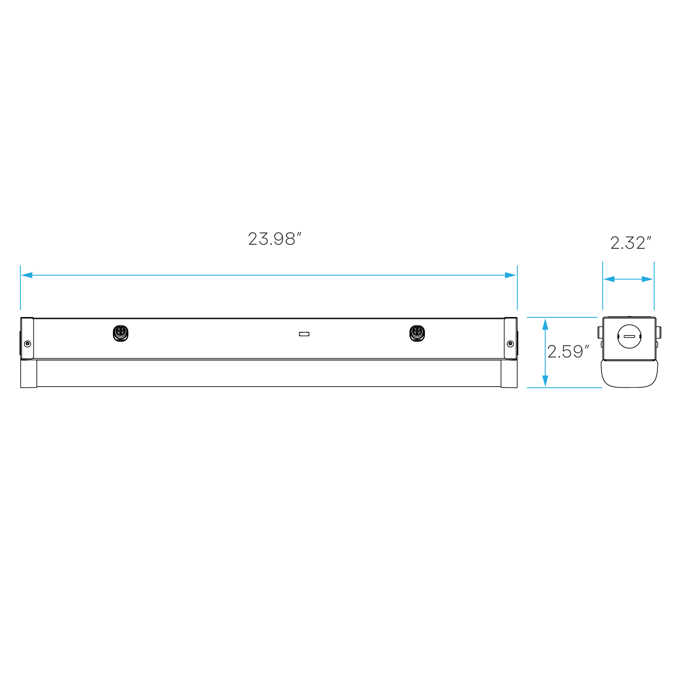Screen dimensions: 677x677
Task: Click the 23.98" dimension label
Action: click(274, 239)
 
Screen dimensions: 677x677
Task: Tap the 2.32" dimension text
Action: click(630, 243)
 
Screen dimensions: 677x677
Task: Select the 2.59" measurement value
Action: click(568, 352)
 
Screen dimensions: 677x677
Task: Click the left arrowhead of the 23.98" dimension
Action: click(27, 275)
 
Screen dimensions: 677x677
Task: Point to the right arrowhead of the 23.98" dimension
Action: click(511, 275)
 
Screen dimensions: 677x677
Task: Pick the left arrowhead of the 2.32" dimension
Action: click(609, 279)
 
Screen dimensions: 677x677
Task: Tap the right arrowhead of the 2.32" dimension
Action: click(648, 279)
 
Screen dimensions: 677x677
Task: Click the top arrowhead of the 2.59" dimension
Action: click(545, 324)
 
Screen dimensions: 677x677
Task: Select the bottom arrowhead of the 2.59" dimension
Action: click(545, 381)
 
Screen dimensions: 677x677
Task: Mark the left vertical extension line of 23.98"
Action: click(21, 297)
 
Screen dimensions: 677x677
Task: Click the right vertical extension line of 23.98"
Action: click(517, 297)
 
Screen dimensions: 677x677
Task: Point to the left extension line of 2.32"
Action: click(603, 297)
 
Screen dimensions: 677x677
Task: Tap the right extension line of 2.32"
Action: click(654, 297)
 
